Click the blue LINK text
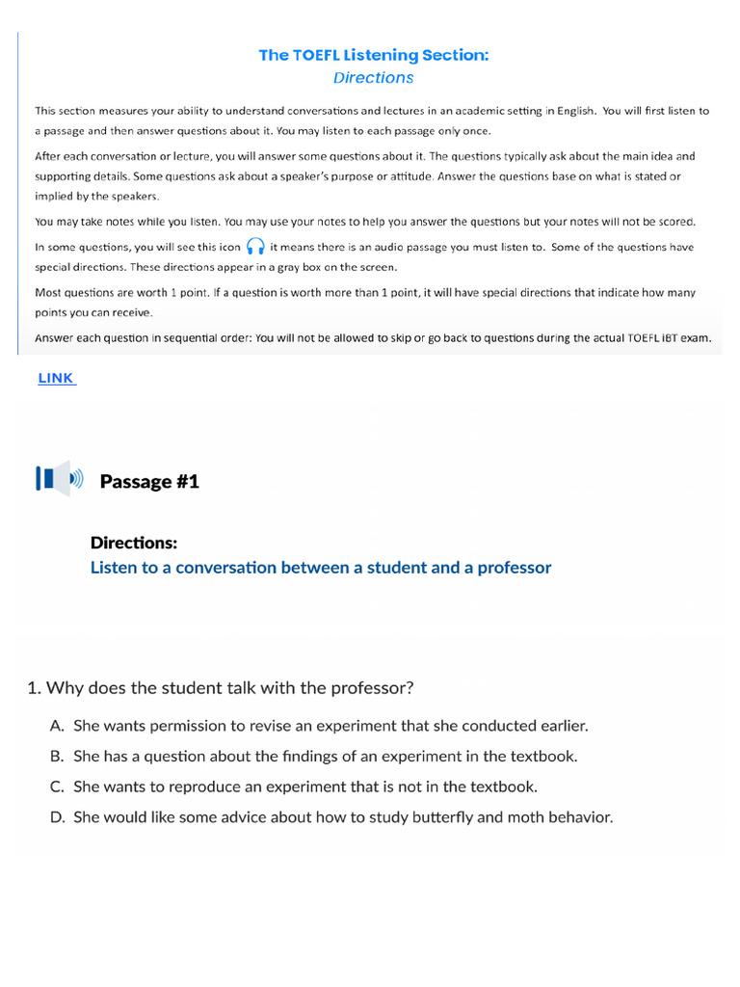pos(56,379)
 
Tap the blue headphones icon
pos(255,247)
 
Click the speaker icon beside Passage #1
pos(60,479)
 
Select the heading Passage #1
pos(149,481)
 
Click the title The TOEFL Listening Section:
pos(374,55)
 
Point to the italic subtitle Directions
pos(374,78)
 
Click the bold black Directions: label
pos(134,543)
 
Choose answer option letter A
pos(57,726)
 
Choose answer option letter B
pos(57,757)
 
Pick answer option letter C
pos(57,787)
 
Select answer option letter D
pos(57,817)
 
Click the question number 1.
pos(33,687)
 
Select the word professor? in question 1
pos(372,687)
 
